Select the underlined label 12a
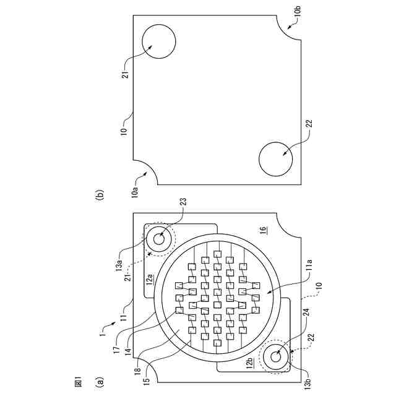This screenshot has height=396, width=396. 150,279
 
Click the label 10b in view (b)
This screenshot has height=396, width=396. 298,10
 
